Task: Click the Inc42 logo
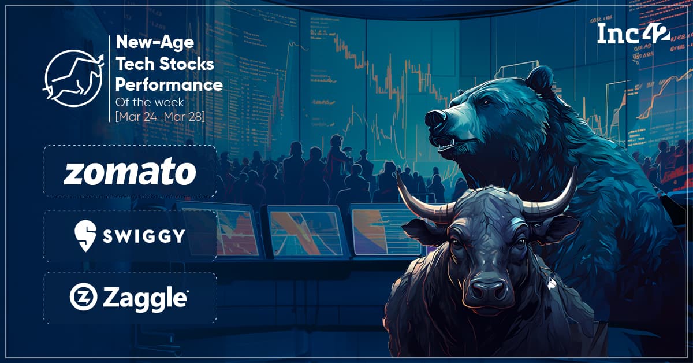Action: pyautogui.click(x=634, y=34)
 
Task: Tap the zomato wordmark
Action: pyautogui.click(x=130, y=171)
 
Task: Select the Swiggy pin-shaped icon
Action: pyautogui.click(x=85, y=236)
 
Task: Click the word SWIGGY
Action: pyautogui.click(x=144, y=236)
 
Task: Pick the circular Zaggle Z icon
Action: pyautogui.click(x=83, y=297)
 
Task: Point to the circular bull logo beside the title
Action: pyautogui.click(x=73, y=78)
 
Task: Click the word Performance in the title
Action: pyautogui.click(x=169, y=84)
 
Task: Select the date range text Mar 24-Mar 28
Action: pyautogui.click(x=160, y=117)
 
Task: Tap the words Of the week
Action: pyautogui.click(x=150, y=102)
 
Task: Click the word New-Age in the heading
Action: pyautogui.click(x=155, y=42)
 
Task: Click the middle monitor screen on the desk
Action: pyautogui.click(x=305, y=231)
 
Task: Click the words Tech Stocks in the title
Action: pyautogui.click(x=165, y=64)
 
